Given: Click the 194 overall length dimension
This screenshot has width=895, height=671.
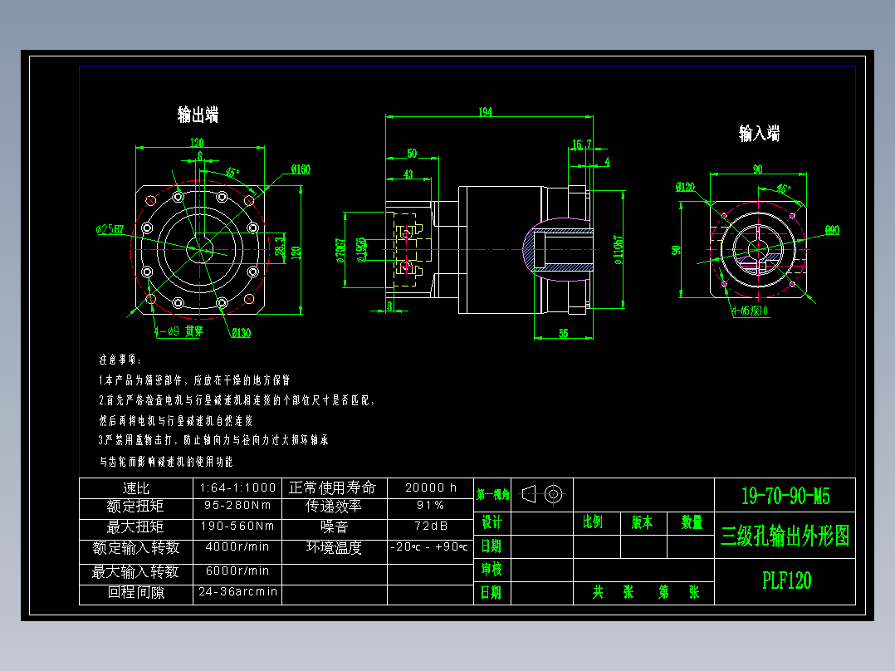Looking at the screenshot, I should [x=486, y=111].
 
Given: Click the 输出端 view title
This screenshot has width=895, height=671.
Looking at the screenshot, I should [x=198, y=115].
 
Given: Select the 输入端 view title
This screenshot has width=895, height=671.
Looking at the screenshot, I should [x=759, y=134].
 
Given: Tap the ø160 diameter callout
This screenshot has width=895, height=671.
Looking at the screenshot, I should [x=300, y=170].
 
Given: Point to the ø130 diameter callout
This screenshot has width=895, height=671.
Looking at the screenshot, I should [x=241, y=333].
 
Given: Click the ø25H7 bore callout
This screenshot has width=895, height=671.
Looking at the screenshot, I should [x=110, y=228].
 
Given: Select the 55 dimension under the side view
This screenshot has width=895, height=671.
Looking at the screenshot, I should [x=563, y=333].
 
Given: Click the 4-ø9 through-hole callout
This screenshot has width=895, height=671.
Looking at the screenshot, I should [x=178, y=331].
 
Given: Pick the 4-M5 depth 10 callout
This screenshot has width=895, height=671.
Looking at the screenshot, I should [x=750, y=311].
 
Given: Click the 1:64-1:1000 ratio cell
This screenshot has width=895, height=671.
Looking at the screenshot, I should [x=237, y=487].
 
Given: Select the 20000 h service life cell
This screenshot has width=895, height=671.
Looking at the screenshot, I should [x=430, y=487].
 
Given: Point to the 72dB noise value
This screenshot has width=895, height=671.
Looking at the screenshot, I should [x=430, y=526].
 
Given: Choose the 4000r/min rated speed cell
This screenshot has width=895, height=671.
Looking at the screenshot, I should [x=237, y=547].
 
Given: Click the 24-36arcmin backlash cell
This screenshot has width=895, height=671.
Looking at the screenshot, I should [x=237, y=593].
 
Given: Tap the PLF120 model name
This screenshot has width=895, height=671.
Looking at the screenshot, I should [x=786, y=580].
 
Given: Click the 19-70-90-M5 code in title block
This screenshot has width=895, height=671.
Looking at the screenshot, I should [x=785, y=497].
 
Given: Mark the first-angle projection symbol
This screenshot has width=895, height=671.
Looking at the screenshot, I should [x=544, y=494].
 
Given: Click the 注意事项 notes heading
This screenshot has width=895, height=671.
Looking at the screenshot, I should [x=120, y=360].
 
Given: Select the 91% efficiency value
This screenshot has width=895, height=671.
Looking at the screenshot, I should [x=430, y=506].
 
